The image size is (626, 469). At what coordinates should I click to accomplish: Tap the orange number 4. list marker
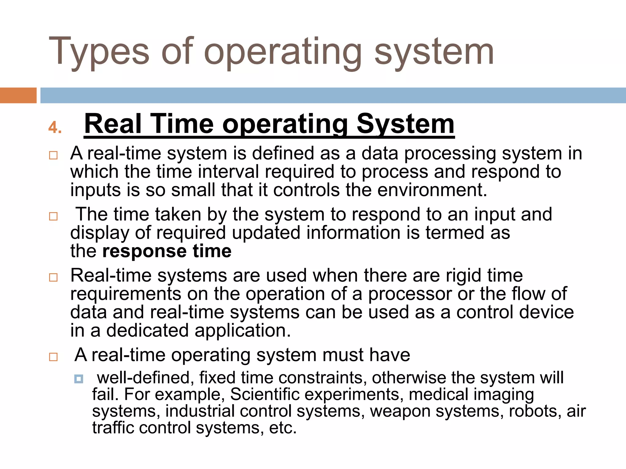[55, 127]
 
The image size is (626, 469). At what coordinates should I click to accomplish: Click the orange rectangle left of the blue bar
[18, 95]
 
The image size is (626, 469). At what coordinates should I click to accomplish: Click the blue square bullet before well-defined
[79, 379]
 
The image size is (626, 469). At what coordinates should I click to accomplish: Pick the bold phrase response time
[167, 251]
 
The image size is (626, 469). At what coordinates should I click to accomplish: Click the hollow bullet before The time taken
[53, 216]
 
